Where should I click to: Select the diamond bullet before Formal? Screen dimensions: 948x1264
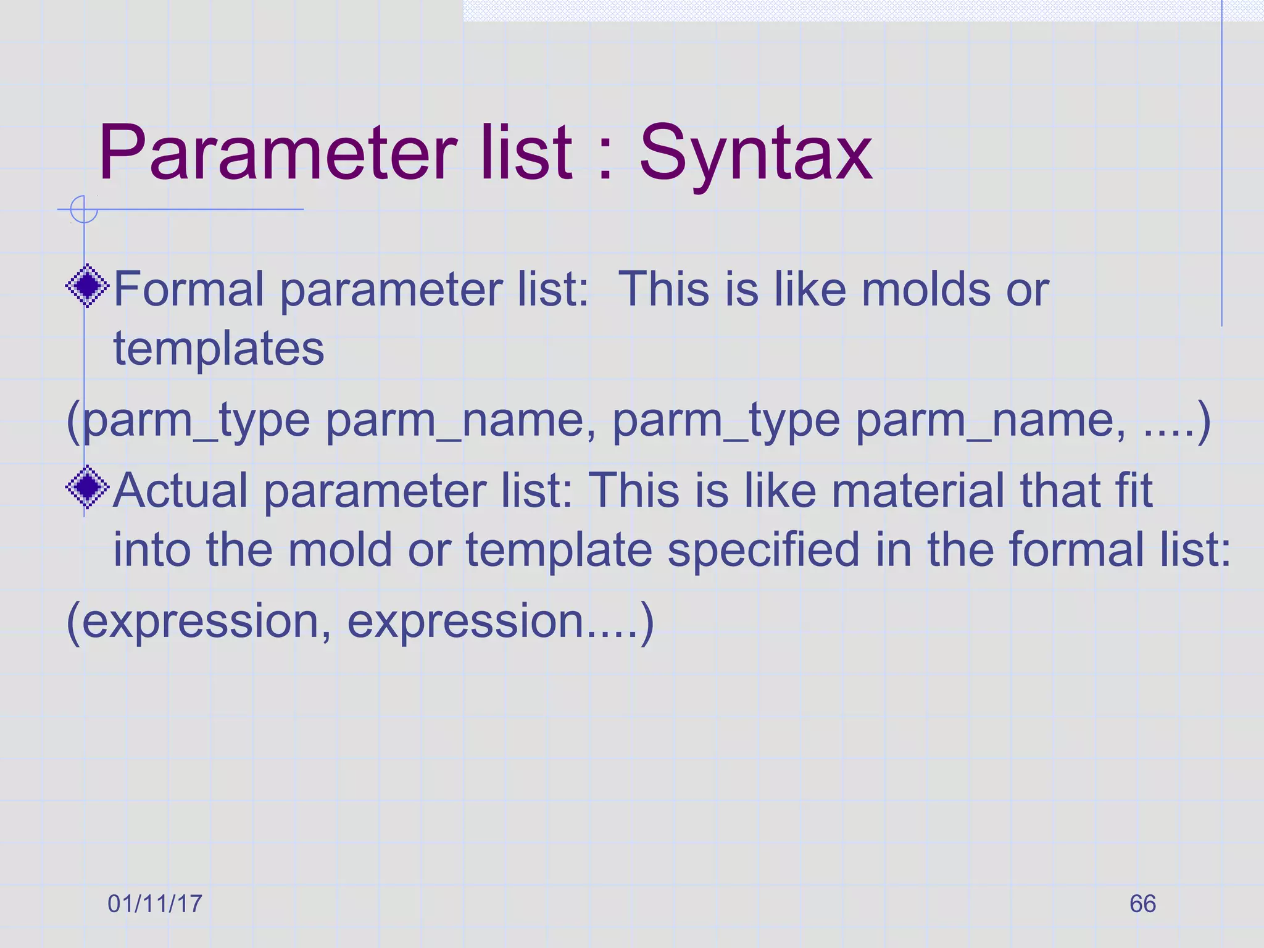point(88,286)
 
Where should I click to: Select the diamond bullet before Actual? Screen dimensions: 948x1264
point(88,487)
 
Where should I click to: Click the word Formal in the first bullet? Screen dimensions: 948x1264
point(188,289)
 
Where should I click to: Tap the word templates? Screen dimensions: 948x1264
point(218,349)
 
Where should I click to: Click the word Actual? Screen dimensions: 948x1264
point(180,490)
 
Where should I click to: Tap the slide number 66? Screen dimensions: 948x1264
point(1142,904)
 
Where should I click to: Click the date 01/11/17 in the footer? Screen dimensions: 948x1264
point(155,904)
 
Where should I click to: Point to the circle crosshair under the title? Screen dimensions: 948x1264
point(84,209)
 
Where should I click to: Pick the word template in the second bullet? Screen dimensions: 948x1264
point(559,549)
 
